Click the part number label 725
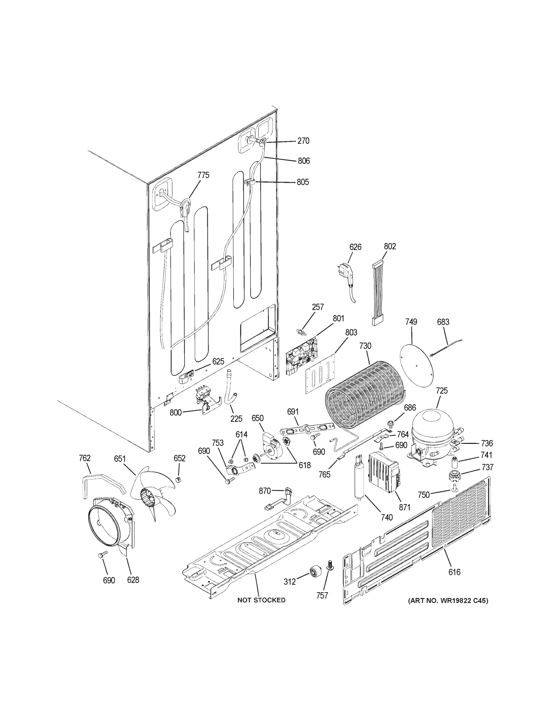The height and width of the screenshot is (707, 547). (x=442, y=391)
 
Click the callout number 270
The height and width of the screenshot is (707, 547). (x=303, y=141)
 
